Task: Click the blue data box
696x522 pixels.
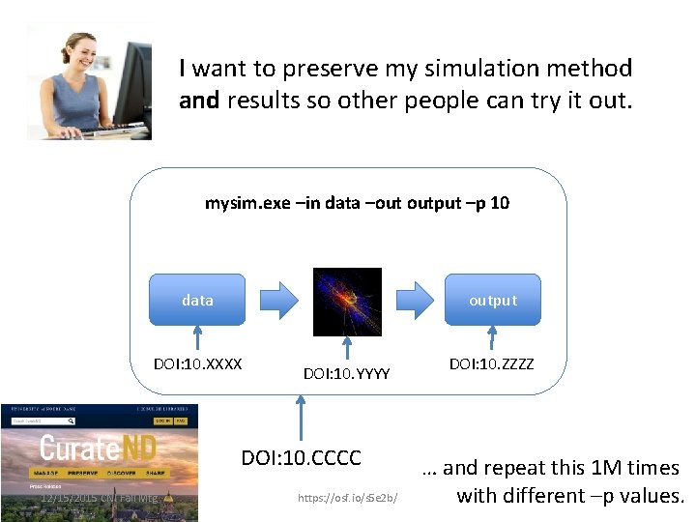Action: (197, 300)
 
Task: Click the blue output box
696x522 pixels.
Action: (493, 300)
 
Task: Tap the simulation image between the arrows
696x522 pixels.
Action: (347, 302)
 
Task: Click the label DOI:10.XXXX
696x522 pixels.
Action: (197, 364)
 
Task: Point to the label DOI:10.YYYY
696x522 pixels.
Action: (346, 372)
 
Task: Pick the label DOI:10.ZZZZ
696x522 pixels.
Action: (492, 364)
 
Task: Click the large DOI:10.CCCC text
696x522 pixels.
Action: (301, 456)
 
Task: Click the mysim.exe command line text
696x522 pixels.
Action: (357, 203)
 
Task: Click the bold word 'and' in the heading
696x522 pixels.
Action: (199, 100)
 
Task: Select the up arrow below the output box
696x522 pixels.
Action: (492, 337)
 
